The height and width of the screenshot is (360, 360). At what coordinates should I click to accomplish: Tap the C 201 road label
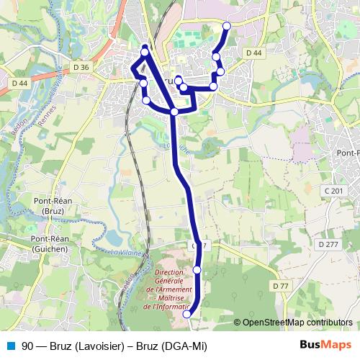point(333,190)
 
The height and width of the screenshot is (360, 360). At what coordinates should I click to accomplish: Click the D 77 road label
point(280,286)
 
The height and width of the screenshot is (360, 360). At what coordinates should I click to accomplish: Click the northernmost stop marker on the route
point(227,26)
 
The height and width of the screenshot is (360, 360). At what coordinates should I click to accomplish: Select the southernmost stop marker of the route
point(187,314)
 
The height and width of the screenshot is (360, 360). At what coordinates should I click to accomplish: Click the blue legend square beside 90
point(9,346)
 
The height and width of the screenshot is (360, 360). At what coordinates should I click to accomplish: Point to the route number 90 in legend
point(27,346)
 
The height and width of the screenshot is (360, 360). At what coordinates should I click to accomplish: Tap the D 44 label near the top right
point(253,53)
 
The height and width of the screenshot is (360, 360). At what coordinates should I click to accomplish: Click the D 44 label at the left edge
point(19,84)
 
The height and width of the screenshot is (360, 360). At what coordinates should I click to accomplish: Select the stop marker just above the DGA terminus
point(197,269)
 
